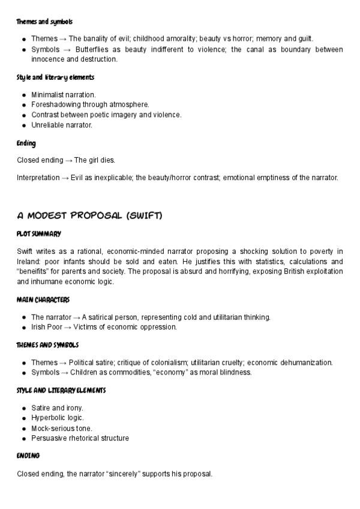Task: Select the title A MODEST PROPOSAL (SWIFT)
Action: coord(89,215)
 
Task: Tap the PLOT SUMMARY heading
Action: coord(39,233)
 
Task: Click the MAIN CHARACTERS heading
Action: coord(43,300)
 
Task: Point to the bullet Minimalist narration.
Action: coord(63,95)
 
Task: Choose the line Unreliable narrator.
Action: coord(62,125)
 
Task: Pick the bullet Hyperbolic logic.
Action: coord(58,418)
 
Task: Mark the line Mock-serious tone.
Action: coord(62,428)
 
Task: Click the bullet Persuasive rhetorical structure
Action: coord(80,438)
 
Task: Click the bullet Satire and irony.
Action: coord(57,408)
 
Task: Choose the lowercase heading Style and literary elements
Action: coord(55,77)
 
